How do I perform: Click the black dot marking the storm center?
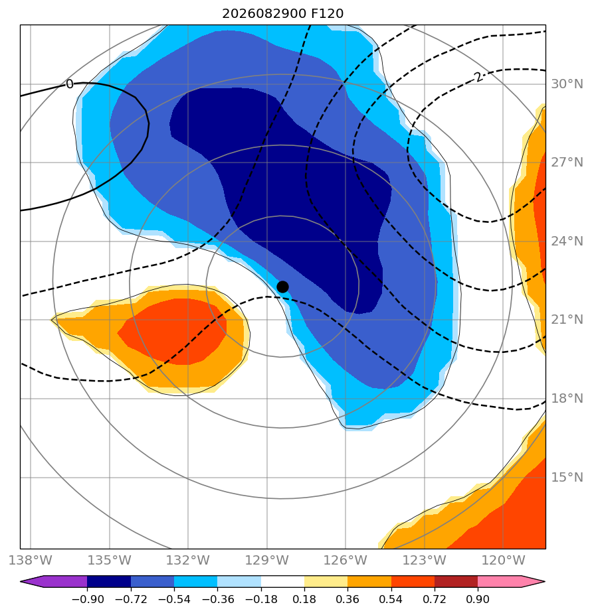point(282,287)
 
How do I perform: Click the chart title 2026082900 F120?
point(282,14)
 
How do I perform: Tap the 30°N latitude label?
point(567,84)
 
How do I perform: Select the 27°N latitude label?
point(567,163)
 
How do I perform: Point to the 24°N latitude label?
point(567,241)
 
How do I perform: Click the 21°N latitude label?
point(567,320)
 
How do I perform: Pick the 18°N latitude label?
point(567,398)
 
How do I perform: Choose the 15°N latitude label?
point(567,478)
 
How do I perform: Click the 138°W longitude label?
point(30,561)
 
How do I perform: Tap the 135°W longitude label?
point(109,561)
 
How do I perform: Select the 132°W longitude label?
point(188,561)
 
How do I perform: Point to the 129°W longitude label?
point(267,561)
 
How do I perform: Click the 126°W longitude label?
point(345,561)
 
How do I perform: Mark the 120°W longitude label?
point(503,561)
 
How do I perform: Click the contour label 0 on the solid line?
point(70,84)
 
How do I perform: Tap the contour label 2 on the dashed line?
point(478,77)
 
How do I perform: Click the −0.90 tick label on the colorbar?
point(87,599)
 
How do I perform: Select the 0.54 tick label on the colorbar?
point(391,599)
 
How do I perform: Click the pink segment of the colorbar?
point(499,582)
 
